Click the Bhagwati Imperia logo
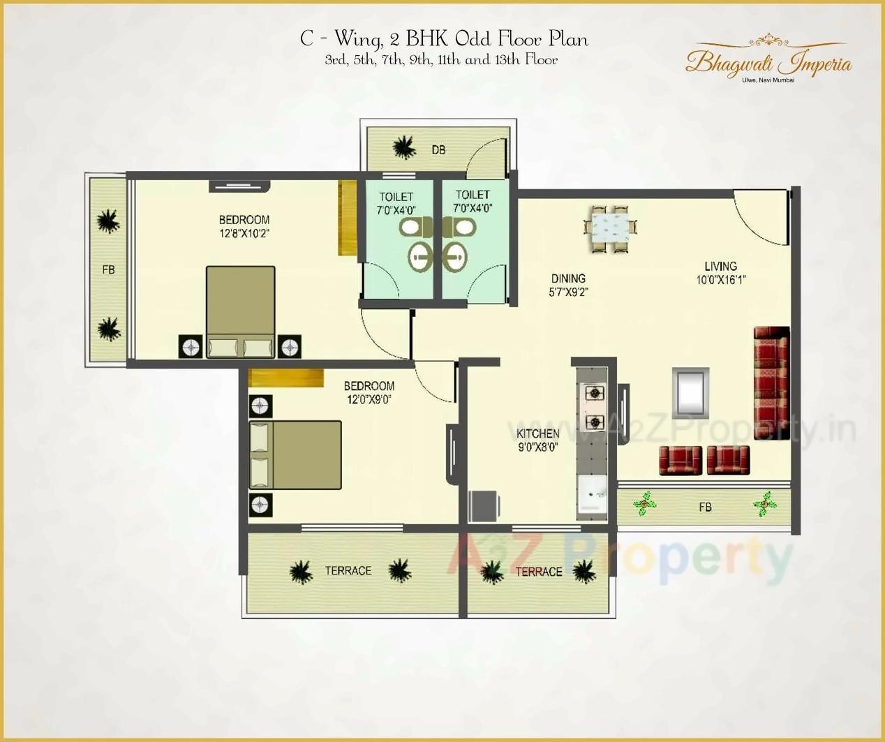(768, 61)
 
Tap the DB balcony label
(438, 149)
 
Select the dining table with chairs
(611, 228)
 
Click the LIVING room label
(720, 266)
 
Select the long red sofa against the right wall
(771, 382)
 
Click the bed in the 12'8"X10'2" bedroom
(240, 311)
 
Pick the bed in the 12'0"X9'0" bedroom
(295, 454)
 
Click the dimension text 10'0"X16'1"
(721, 280)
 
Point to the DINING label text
(568, 279)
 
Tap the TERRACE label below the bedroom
(348, 571)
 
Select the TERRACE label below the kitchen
(538, 572)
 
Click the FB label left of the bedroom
(108, 269)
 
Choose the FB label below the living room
(705, 507)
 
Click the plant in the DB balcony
(403, 147)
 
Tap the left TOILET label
(396, 197)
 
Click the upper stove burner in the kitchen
(594, 393)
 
